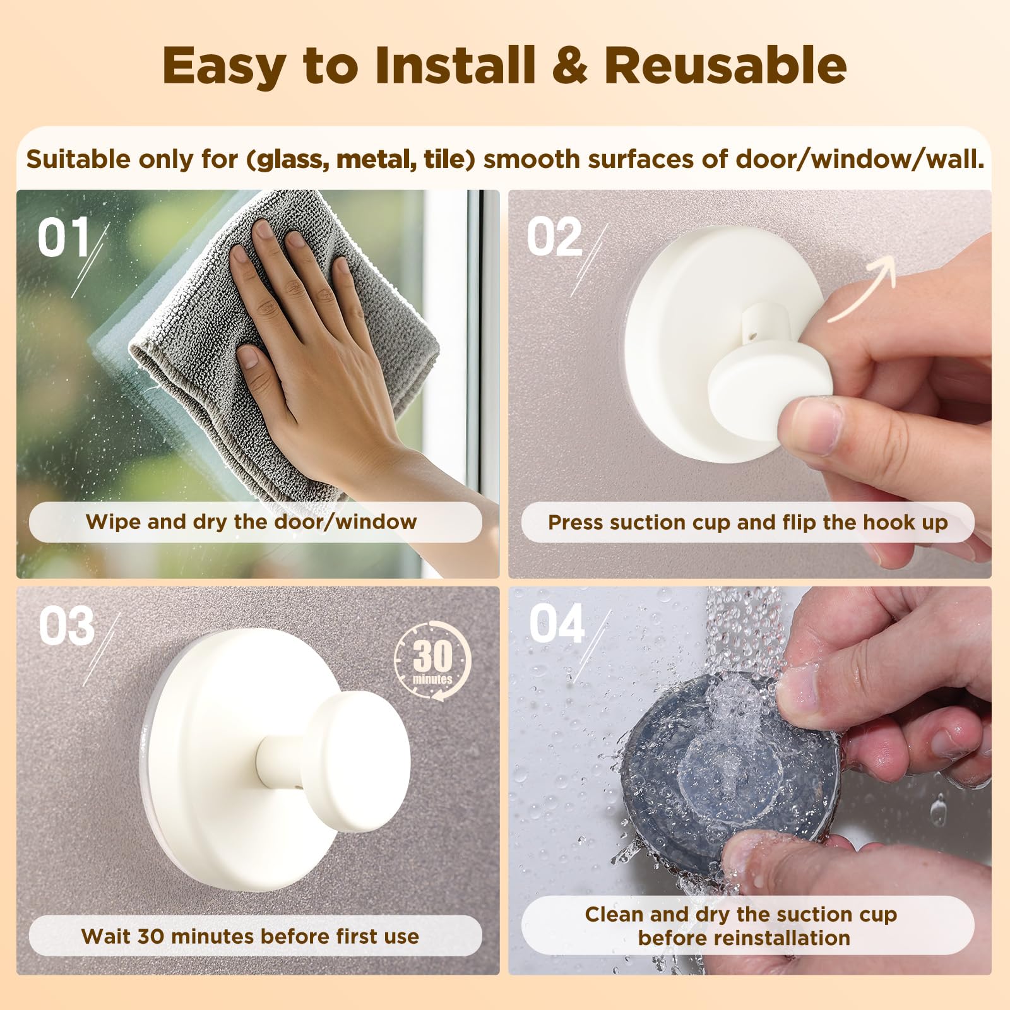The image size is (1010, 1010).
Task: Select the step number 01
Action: pyautogui.click(x=64, y=237)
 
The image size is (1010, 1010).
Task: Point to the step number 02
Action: pyautogui.click(x=555, y=237)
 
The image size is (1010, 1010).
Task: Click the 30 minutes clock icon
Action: pyautogui.click(x=433, y=660)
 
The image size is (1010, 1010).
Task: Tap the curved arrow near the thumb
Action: pyautogui.click(x=862, y=288)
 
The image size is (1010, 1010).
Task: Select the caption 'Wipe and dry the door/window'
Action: pyautogui.click(x=251, y=522)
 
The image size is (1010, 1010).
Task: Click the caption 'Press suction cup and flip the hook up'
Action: pyautogui.click(x=748, y=523)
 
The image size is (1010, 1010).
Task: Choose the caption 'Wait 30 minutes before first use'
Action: pyautogui.click(x=250, y=936)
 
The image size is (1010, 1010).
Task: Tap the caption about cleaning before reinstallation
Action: pyautogui.click(x=742, y=926)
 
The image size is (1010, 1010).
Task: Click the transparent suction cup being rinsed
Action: pyautogui.click(x=726, y=767)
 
